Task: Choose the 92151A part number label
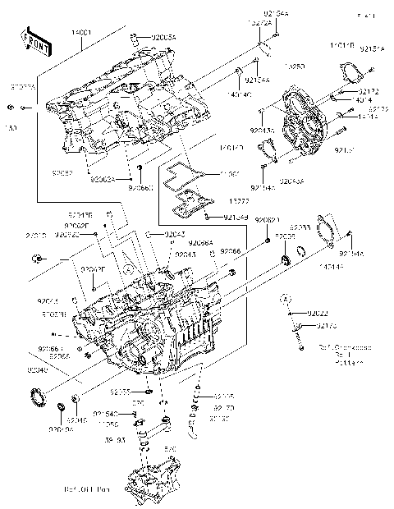click(x=371, y=49)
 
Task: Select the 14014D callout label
click(x=231, y=149)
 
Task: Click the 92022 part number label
click(x=317, y=314)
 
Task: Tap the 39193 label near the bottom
click(x=116, y=440)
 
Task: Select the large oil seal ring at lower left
click(x=38, y=396)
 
